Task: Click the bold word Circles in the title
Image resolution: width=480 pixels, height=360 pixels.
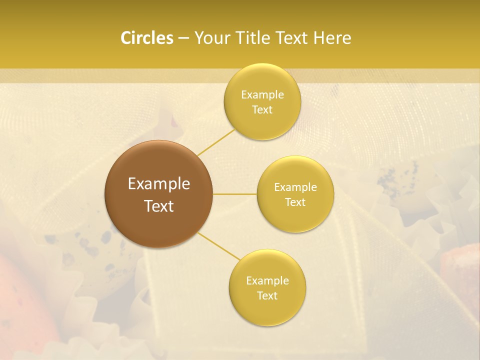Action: tap(146, 38)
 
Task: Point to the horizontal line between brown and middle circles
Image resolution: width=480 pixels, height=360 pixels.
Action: tap(235, 194)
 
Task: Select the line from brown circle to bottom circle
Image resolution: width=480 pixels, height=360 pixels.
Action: tap(219, 246)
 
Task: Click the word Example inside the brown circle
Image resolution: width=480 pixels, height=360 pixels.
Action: tap(159, 184)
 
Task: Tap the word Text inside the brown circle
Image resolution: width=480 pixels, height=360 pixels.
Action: tap(159, 206)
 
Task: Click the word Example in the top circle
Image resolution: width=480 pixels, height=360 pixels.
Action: tap(262, 95)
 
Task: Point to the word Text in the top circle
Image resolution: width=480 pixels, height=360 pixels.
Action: tap(262, 109)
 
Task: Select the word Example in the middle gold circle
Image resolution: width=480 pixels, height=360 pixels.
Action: tap(295, 187)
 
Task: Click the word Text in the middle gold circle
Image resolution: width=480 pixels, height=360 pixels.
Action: tap(295, 202)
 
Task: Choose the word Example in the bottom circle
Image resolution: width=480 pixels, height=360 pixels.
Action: tap(267, 281)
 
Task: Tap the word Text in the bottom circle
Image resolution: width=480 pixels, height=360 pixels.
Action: tap(267, 295)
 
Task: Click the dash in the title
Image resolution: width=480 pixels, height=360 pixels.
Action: tap(183, 38)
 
